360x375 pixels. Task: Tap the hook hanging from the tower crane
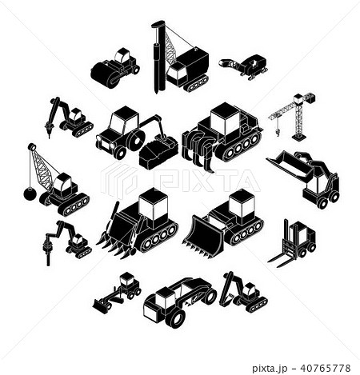278,132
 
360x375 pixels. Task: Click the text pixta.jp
270,369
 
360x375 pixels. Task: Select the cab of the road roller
122,55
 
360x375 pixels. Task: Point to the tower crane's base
299,138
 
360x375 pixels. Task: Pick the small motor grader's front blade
101,304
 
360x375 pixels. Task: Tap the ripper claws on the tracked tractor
197,150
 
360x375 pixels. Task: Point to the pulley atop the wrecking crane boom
31,147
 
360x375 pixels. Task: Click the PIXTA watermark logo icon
119,181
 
